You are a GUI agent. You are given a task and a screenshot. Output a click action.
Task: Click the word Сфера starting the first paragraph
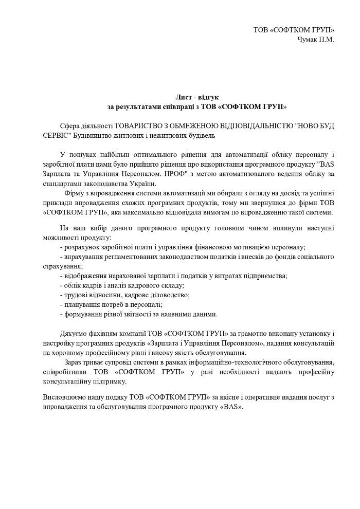coord(70,126)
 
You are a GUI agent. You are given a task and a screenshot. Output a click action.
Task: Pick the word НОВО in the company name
coord(310,126)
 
